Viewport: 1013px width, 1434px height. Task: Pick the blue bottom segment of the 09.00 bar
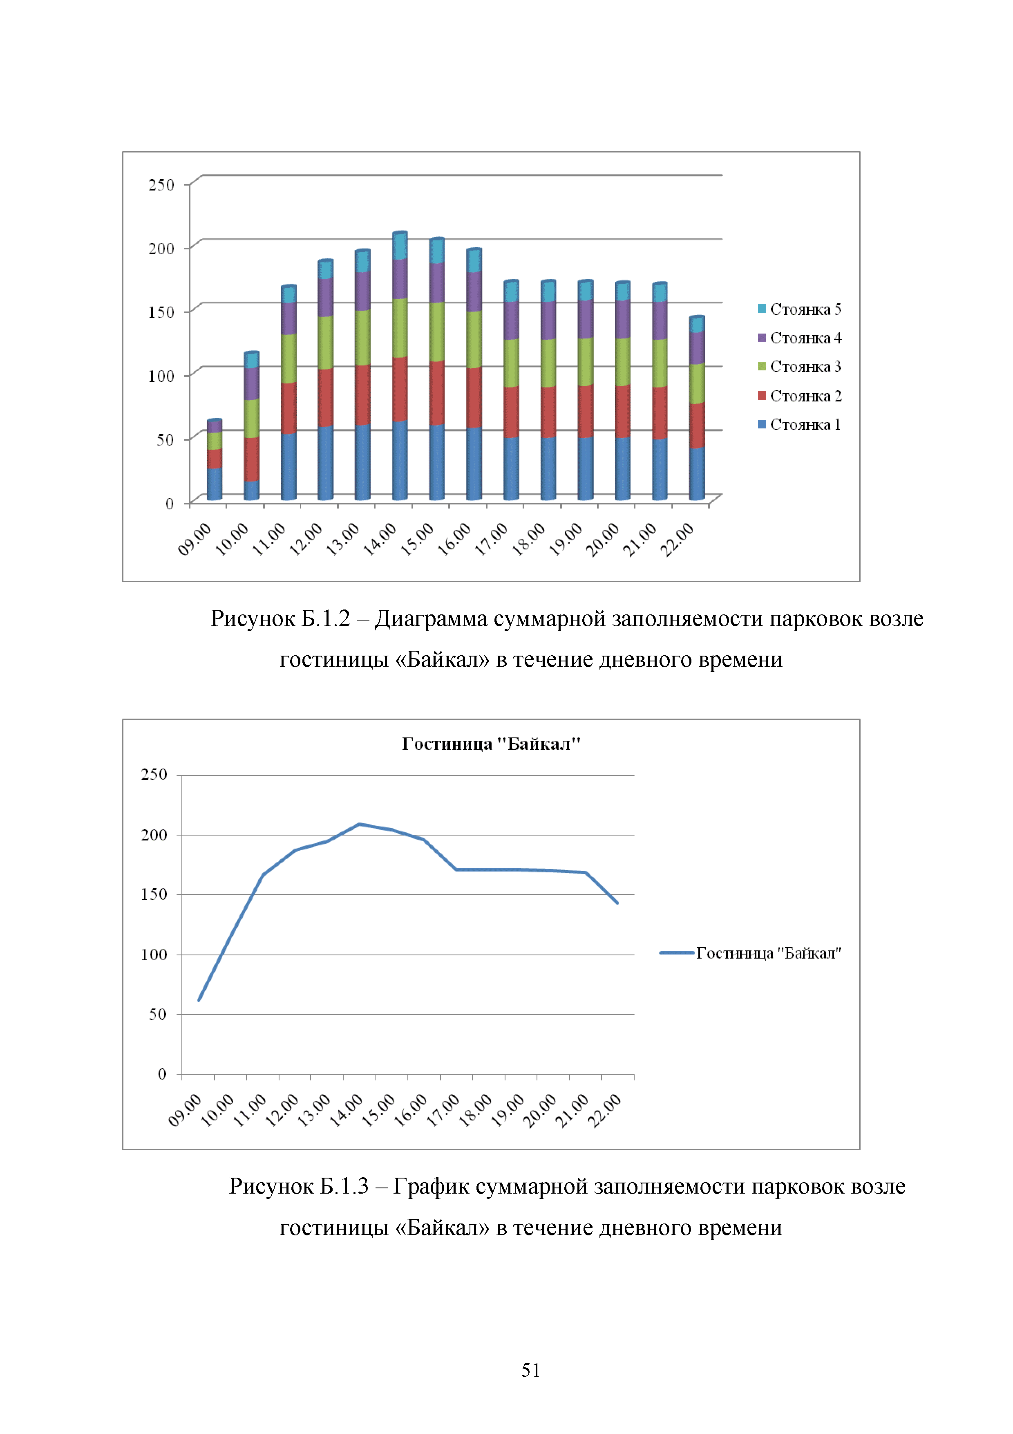tap(214, 484)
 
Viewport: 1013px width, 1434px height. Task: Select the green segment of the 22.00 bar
tap(697, 383)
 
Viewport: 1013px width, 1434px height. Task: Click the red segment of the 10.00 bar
tap(252, 459)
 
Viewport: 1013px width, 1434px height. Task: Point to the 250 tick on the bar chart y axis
tap(161, 185)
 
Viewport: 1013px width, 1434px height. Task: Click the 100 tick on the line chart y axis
tap(154, 955)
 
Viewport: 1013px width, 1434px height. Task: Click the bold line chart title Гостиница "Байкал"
tap(491, 744)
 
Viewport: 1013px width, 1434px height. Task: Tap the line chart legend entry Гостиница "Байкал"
tap(768, 953)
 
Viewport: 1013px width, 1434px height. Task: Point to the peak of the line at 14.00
tap(359, 825)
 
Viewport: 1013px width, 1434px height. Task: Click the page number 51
tap(530, 1370)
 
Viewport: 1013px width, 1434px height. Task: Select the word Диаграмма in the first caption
tap(431, 619)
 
